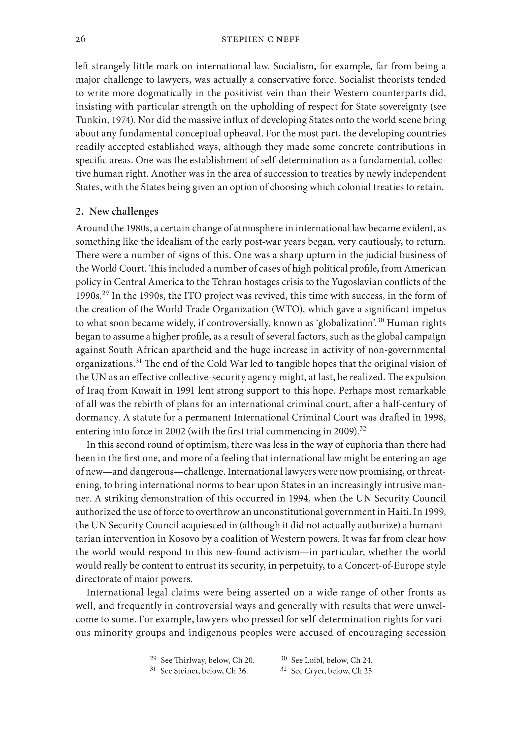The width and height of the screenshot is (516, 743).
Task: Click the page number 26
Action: tap(81, 40)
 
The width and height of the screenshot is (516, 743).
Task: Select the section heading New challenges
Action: tap(123, 211)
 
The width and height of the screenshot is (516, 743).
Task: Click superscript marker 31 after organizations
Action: tap(138, 361)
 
